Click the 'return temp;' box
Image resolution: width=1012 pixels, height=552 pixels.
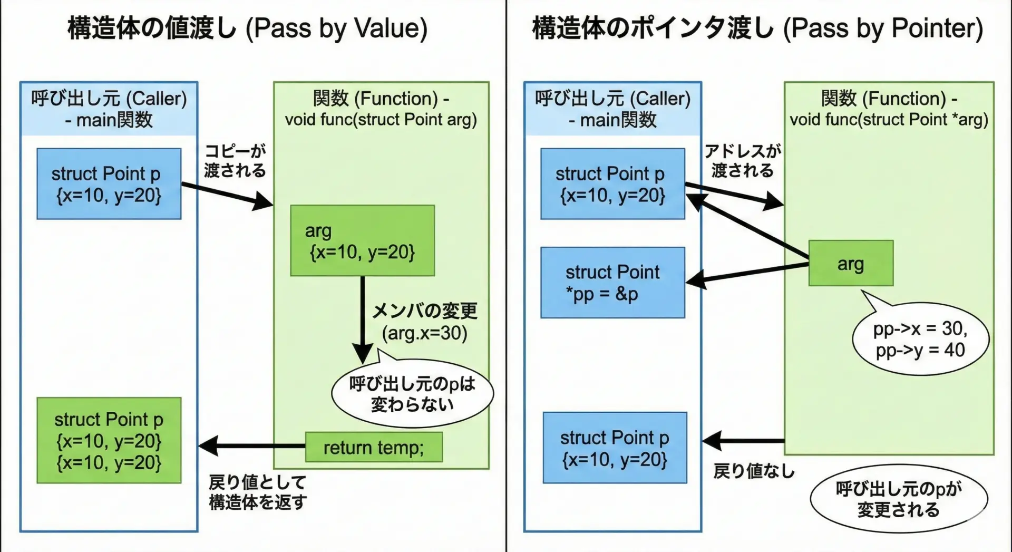click(374, 447)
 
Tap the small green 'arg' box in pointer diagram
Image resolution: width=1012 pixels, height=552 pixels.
click(851, 263)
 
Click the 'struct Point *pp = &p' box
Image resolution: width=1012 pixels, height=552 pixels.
click(612, 283)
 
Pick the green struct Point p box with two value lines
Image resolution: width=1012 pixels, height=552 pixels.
click(109, 440)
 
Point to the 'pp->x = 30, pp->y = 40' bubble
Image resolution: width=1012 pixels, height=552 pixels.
click(920, 339)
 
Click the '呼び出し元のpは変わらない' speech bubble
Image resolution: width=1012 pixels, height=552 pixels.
click(412, 394)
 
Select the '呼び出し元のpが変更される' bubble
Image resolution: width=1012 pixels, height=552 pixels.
click(899, 499)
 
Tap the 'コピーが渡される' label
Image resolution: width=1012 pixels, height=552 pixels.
click(235, 161)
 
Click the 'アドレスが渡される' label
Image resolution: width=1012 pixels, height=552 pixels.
click(743, 161)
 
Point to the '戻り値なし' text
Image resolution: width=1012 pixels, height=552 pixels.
click(754, 471)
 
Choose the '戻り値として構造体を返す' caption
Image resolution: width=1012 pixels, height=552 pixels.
click(257, 492)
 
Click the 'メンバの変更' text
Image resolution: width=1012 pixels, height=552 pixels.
click(425, 311)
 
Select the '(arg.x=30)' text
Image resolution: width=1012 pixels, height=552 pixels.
click(425, 333)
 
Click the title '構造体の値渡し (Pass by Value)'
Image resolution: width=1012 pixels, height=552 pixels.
click(247, 28)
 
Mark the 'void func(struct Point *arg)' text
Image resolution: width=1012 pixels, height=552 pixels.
click(889, 120)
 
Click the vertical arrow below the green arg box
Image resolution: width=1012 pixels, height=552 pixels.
click(363, 316)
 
